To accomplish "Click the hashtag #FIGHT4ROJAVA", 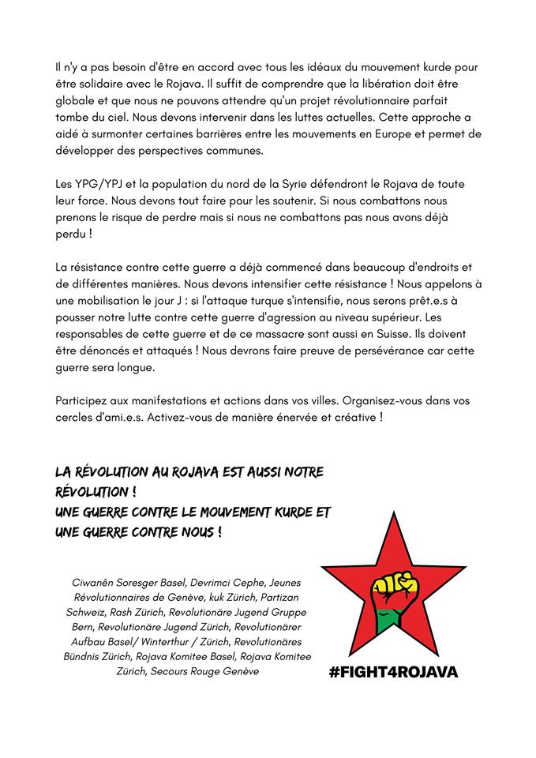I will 393,672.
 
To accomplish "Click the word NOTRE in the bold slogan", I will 298,472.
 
